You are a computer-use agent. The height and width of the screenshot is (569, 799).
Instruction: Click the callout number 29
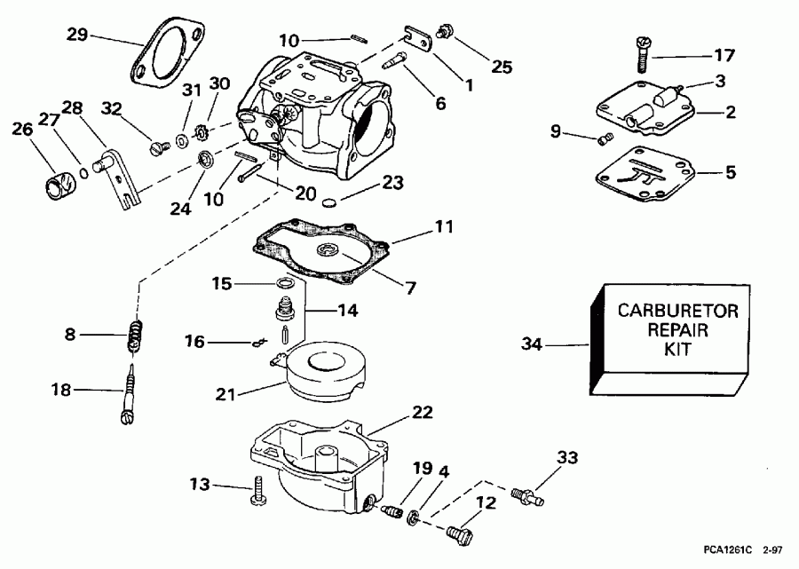[x=78, y=35]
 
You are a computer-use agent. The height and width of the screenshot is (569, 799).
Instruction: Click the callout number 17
[x=724, y=55]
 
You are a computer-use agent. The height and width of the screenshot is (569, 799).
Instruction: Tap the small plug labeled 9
[x=607, y=138]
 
